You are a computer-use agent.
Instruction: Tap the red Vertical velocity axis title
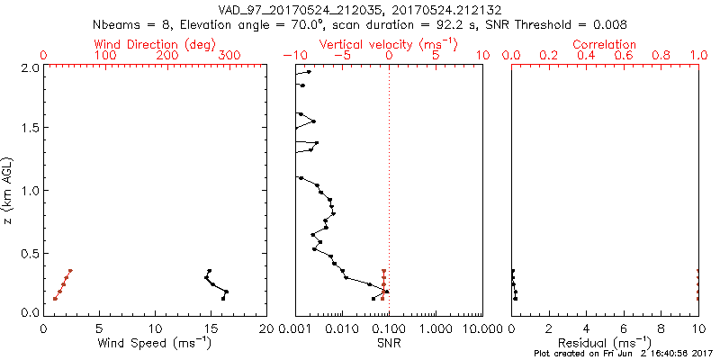coord(389,44)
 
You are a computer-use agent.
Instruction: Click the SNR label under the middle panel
coord(389,343)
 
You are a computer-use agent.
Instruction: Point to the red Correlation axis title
coord(605,44)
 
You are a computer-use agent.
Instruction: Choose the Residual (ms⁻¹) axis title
coord(605,343)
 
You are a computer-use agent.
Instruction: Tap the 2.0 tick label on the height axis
coord(29,67)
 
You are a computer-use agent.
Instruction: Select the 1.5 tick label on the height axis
coord(29,129)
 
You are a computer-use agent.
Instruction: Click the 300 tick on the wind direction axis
coord(229,56)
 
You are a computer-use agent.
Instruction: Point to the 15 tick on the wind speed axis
coord(156,328)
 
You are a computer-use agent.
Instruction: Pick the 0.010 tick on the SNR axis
coord(342,328)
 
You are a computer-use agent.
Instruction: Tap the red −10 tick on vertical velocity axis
coord(293,56)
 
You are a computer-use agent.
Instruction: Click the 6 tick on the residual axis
coord(624,328)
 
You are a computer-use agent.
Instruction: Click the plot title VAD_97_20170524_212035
coord(305,10)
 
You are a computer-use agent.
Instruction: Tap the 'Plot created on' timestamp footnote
coord(620,354)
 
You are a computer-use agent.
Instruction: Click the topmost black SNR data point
coord(309,72)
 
